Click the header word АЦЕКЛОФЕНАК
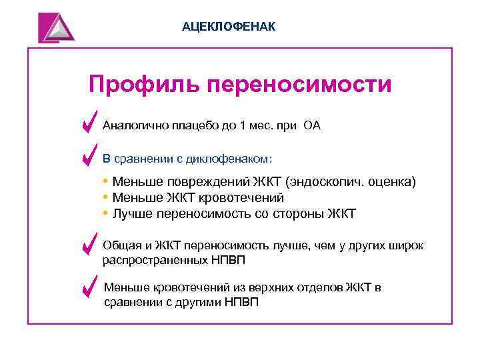point(228,26)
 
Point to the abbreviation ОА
point(312,125)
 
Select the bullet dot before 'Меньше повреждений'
point(106,181)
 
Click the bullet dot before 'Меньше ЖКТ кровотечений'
point(106,197)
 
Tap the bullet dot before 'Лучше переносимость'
point(106,213)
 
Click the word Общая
point(119,245)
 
